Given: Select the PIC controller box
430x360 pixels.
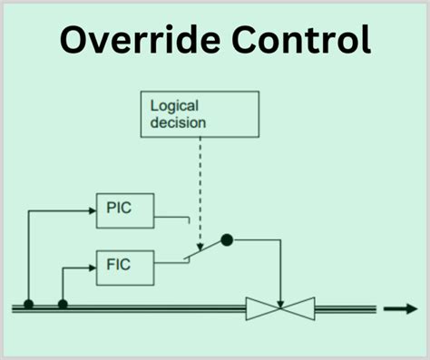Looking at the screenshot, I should (125, 209).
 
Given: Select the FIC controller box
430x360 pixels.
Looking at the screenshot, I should (125, 265).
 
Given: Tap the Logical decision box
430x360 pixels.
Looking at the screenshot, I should (200, 113).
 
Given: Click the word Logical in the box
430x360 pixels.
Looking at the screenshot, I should (172, 105).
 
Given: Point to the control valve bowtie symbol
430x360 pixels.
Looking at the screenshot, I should (280, 308).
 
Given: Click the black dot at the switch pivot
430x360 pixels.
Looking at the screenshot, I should (227, 239).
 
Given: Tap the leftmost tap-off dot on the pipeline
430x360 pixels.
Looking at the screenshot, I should (29, 305).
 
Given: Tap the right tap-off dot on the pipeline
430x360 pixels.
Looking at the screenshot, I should (63, 305).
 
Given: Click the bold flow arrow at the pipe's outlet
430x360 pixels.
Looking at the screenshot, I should (400, 308).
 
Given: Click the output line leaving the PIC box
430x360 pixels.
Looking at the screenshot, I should (172, 217).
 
